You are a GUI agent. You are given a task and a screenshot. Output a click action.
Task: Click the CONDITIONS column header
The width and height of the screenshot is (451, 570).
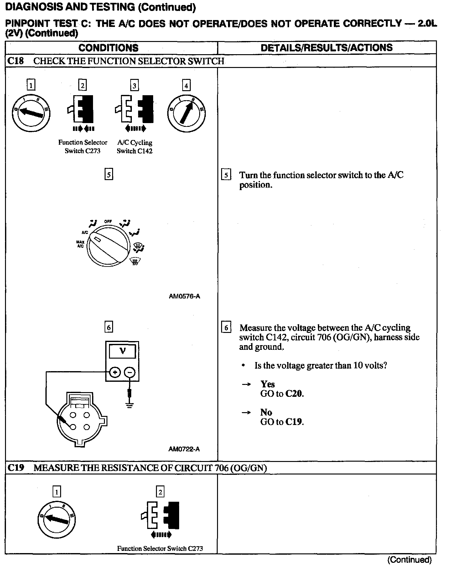(108, 48)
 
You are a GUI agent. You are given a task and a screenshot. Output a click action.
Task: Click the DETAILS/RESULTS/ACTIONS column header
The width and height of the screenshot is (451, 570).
(326, 48)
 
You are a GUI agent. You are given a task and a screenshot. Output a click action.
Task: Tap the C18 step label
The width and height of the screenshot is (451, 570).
(15, 61)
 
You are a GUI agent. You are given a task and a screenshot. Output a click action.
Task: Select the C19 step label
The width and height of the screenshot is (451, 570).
(16, 468)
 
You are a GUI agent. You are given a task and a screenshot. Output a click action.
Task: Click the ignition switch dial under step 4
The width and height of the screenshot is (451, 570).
(186, 113)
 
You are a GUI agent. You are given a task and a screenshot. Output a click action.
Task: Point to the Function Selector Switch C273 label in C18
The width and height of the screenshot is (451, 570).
(83, 147)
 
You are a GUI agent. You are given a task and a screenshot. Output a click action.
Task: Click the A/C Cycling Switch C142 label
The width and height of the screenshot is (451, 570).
(135, 147)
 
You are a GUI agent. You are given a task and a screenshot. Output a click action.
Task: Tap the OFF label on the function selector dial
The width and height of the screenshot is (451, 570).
(108, 221)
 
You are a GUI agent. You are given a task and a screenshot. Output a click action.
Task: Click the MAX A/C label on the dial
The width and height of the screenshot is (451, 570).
(80, 244)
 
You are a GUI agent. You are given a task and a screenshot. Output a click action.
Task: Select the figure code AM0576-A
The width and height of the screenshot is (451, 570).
(184, 296)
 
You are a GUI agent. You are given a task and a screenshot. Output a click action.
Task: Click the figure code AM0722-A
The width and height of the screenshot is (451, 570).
(184, 449)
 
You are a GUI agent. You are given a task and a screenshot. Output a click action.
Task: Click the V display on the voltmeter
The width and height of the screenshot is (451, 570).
(122, 351)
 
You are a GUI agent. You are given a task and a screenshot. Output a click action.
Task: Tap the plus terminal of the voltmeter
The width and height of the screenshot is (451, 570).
(115, 372)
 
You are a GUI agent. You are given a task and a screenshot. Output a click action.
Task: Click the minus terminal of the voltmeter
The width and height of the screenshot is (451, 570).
(130, 372)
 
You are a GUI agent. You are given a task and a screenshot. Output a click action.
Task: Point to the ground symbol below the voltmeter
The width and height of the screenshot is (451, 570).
(130, 406)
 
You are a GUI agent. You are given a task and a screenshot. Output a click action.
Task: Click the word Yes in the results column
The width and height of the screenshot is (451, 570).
(267, 384)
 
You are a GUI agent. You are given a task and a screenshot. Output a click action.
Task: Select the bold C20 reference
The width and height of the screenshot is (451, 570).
(294, 394)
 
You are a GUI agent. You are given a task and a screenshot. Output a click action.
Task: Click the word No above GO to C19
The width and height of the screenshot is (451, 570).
(266, 412)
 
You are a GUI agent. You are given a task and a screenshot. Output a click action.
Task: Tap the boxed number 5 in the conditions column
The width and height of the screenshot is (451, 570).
(108, 174)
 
